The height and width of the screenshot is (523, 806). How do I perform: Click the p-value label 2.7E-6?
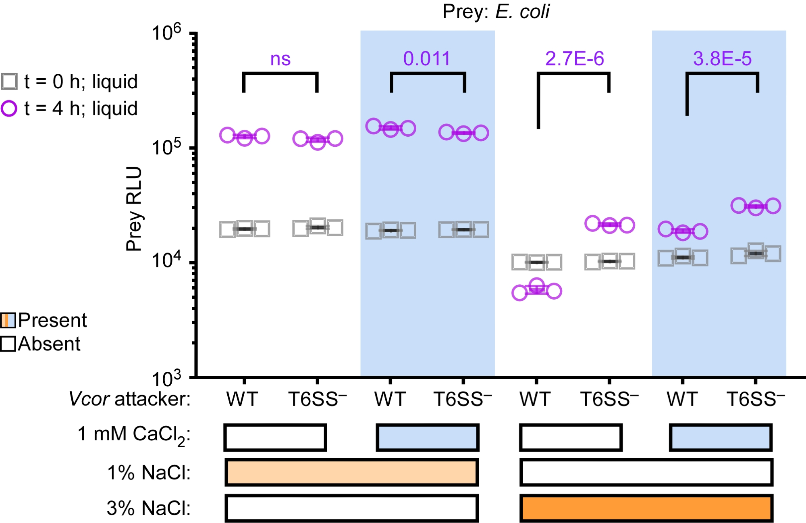pos(574,59)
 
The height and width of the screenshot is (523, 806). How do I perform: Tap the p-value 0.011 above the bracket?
pos(426,59)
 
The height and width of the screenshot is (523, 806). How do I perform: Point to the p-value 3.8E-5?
pos(722,59)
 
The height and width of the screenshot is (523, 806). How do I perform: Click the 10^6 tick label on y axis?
pos(166,32)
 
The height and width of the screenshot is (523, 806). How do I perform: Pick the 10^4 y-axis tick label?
pos(166,261)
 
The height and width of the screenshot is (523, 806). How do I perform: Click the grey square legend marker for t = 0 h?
pos(9,81)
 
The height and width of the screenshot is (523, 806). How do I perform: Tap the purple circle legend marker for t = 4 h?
pos(9,108)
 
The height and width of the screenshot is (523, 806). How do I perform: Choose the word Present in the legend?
pos(52,321)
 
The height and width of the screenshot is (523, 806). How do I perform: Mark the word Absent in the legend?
pos(49,344)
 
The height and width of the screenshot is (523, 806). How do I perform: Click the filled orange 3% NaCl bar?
pos(646,508)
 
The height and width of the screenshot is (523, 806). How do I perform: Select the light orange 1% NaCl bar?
pos(351,472)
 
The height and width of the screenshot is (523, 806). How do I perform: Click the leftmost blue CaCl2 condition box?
pos(427,437)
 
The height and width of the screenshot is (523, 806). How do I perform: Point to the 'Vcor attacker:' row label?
pos(129,399)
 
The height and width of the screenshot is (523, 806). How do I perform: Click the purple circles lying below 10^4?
pos(536,289)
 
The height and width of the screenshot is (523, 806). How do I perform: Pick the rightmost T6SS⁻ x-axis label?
pos(756,399)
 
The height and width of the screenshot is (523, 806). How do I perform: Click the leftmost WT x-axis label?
pos(242,399)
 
